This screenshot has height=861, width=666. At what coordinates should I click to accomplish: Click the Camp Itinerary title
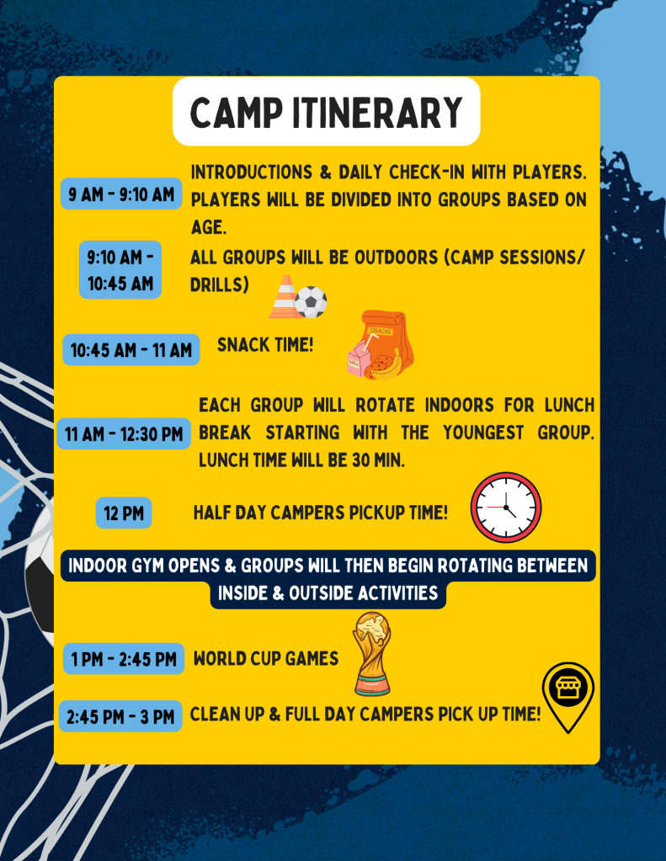point(327,112)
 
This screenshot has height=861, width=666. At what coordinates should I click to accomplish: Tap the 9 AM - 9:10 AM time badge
point(121,194)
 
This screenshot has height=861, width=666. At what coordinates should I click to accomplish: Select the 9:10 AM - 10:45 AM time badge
point(120,269)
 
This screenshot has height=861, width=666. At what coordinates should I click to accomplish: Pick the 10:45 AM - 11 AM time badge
point(131,350)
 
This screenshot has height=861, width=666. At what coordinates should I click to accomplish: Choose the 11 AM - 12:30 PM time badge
point(124,433)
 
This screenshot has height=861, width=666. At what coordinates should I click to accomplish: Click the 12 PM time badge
point(124,513)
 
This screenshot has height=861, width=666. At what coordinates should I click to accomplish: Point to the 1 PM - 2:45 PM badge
point(124,658)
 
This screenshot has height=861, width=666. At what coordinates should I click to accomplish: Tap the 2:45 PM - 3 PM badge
point(120,716)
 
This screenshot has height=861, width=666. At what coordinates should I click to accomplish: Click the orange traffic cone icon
point(285,297)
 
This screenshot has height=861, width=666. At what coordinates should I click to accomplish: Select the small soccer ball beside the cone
point(311,302)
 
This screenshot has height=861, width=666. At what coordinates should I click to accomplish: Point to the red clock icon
point(505,508)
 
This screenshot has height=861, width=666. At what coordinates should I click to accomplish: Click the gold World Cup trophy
point(372,653)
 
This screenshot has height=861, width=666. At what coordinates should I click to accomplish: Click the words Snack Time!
point(265,345)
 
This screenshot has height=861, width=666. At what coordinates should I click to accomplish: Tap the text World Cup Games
point(266,658)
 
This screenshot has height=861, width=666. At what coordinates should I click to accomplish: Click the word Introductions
point(252,172)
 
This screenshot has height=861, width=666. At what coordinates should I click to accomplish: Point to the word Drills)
point(219,284)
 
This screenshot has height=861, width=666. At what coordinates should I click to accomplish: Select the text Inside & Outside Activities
point(328,593)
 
